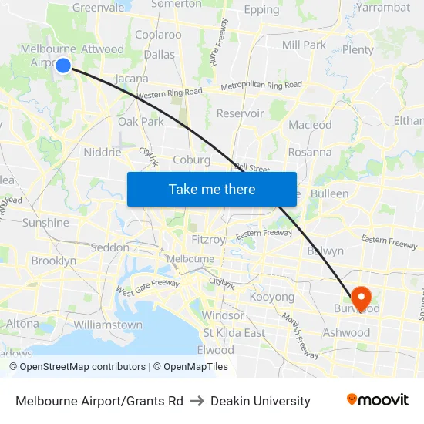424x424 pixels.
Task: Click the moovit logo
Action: pyautogui.click(x=378, y=400)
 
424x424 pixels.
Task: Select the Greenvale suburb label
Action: pyautogui.click(x=98, y=8)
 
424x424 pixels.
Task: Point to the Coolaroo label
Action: pyautogui.click(x=158, y=35)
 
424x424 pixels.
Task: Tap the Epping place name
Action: pyautogui.click(x=261, y=10)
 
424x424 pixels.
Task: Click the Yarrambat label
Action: pyautogui.click(x=383, y=8)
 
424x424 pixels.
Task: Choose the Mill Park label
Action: pyautogui.click(x=304, y=45)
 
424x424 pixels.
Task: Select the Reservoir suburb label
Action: pyautogui.click(x=240, y=113)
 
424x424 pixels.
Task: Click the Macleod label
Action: pyautogui.click(x=310, y=125)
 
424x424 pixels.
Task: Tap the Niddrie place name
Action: pyautogui.click(x=103, y=152)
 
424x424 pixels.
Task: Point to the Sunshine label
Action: pyautogui.click(x=45, y=223)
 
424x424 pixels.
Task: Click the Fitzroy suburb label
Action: pyautogui.click(x=207, y=240)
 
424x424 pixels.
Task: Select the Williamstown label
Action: pyautogui.click(x=109, y=325)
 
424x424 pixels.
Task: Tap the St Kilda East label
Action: pyautogui.click(x=234, y=333)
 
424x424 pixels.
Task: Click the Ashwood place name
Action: pyautogui.click(x=346, y=333)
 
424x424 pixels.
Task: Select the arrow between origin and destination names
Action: pyautogui.click(x=197, y=401)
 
